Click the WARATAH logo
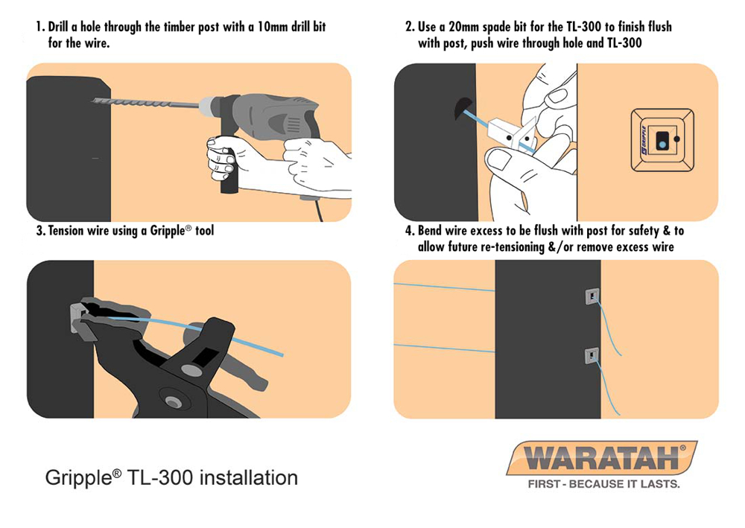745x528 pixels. coord(602,458)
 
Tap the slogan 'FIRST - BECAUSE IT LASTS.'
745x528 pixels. coord(604,484)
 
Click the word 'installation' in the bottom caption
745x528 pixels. coord(249,477)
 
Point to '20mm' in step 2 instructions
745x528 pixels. coord(464,27)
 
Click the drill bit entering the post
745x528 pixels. coord(145,103)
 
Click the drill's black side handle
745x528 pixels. coord(229,168)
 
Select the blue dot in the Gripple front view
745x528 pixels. coord(662,141)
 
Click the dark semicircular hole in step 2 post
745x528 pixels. coord(462,109)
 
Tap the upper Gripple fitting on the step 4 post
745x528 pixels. coord(592,296)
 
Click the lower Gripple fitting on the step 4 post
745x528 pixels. coord(592,356)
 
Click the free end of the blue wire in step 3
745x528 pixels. coord(282,354)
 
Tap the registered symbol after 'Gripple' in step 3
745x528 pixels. coord(188,228)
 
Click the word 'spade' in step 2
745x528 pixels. coord(496,28)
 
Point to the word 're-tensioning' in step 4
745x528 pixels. coord(513,247)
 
